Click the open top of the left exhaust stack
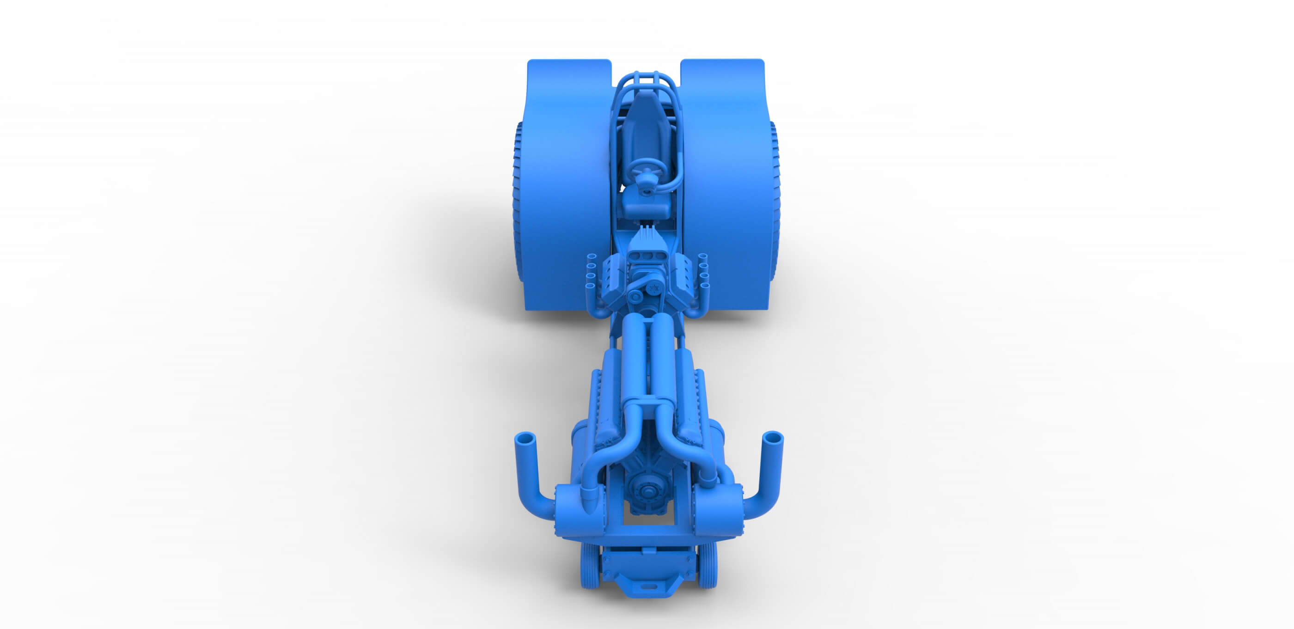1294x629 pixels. (525, 438)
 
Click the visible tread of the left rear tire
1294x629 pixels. (518, 201)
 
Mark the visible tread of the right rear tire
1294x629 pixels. (775, 201)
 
